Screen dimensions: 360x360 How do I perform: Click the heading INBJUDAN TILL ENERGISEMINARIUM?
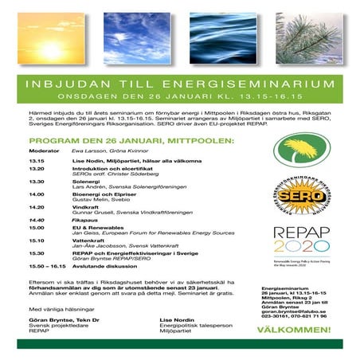pos(179,82)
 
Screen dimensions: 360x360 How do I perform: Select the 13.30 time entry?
pos(36,181)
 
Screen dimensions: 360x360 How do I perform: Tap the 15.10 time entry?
pos(36,238)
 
